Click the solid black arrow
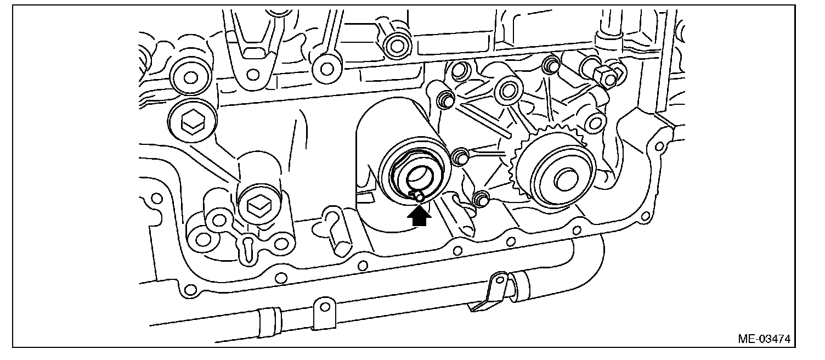[x=419, y=217]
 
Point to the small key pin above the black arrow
[x=418, y=196]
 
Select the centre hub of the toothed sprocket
[x=566, y=180]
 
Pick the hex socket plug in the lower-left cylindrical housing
[x=258, y=207]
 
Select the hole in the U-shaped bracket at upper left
[x=253, y=75]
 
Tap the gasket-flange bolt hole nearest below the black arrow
[x=457, y=251]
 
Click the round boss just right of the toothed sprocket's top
[x=595, y=122]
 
